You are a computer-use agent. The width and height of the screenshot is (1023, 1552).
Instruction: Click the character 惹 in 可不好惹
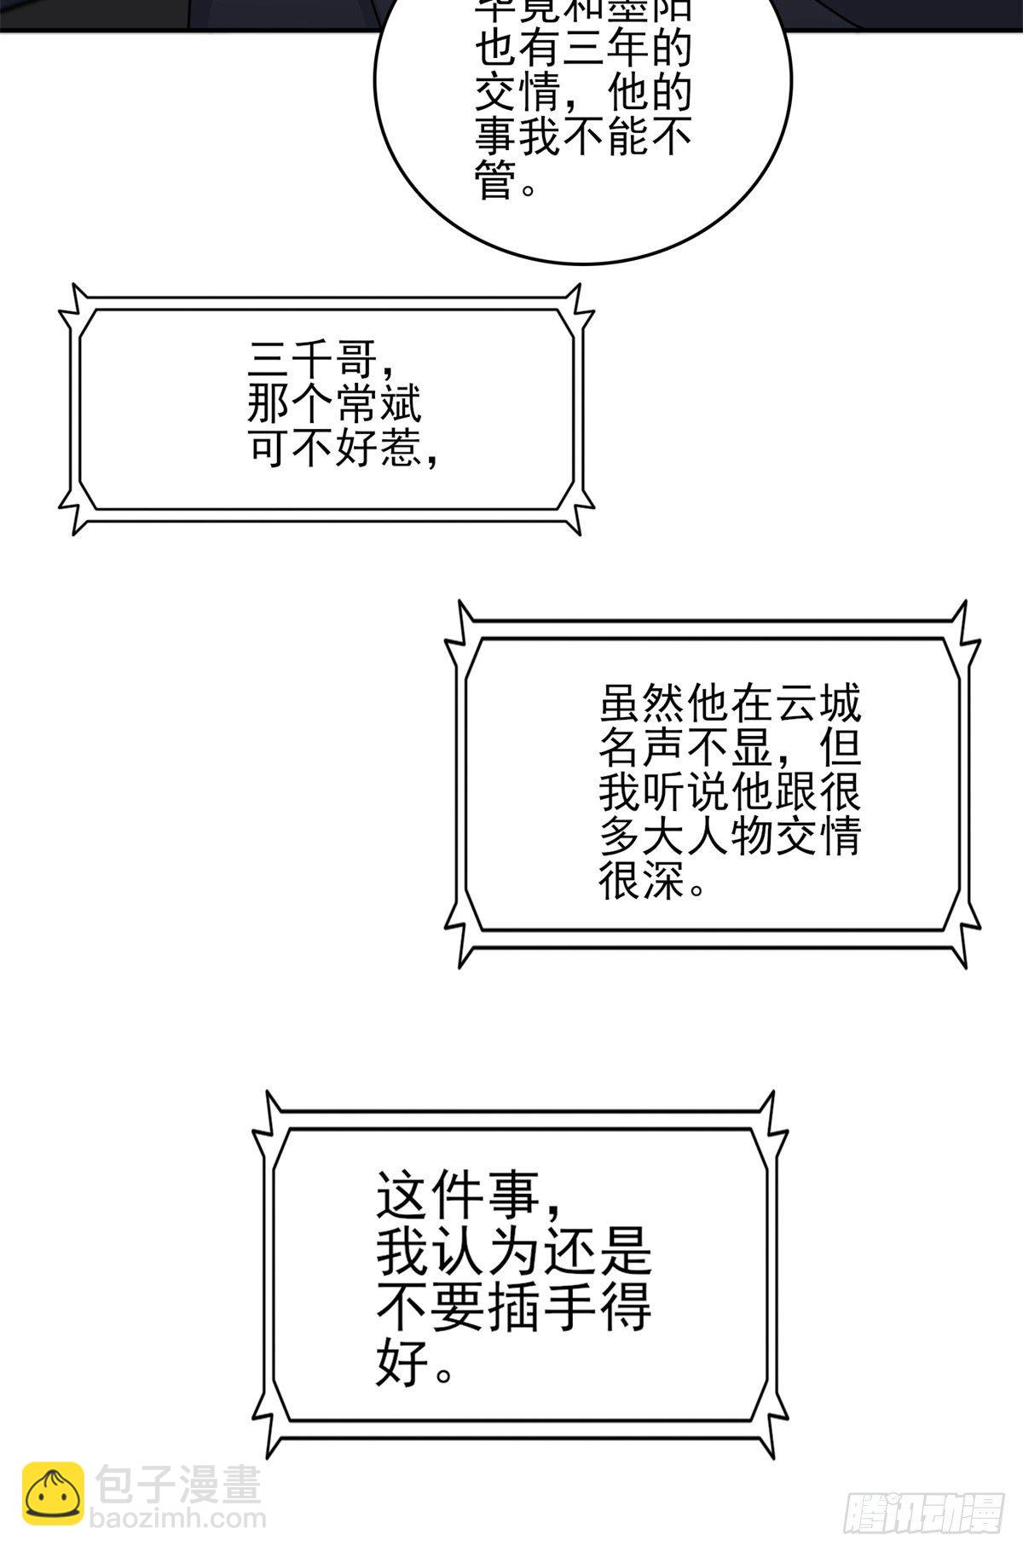400,448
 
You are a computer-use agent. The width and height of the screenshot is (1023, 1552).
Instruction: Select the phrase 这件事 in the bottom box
458,1196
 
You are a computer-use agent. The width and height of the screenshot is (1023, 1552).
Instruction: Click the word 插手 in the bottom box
540,1307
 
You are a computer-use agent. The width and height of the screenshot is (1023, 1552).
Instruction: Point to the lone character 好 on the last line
402,1363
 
